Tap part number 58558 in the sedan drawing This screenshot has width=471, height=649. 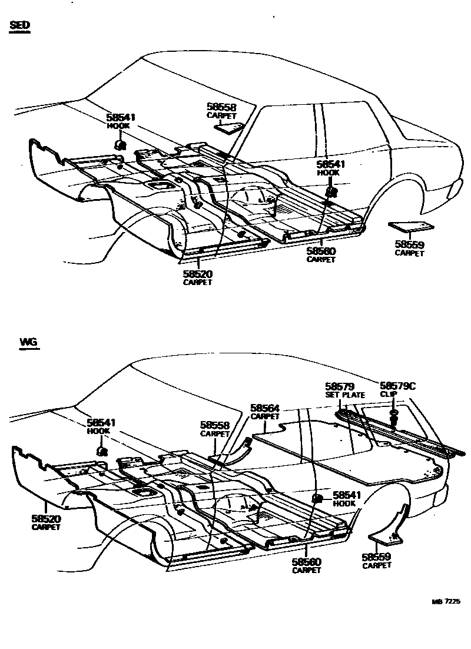(221, 107)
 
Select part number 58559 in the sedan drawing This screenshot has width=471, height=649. (409, 244)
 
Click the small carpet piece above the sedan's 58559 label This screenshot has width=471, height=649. (410, 226)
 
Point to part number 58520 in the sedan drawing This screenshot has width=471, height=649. (197, 274)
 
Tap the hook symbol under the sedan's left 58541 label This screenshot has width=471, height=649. (119, 144)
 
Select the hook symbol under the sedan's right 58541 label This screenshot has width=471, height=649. (331, 191)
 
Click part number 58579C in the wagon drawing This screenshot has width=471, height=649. (397, 386)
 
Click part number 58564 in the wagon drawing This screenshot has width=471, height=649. (265, 408)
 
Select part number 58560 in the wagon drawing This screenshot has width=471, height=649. (307, 562)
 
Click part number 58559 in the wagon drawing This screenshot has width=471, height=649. (377, 557)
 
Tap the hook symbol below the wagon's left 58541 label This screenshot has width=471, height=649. (101, 452)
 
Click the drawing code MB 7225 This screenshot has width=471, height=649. (445, 602)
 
